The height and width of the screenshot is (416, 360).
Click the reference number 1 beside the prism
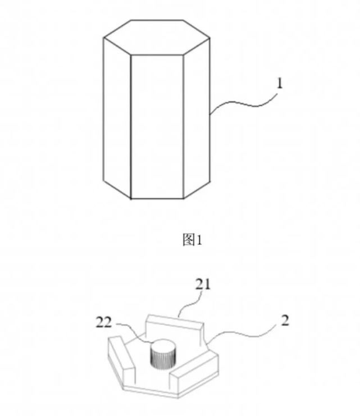pos(279,84)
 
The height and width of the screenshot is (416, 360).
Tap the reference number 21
pos(203,285)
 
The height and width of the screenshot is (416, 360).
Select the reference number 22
pos(104,323)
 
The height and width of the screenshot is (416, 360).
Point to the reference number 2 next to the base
pos(285,321)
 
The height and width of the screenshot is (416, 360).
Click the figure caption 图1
pos(193,240)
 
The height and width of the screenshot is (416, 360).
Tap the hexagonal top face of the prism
pos(157,37)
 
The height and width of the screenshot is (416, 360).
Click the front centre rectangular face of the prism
pos(157,127)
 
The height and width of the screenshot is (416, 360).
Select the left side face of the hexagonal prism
pos(117,118)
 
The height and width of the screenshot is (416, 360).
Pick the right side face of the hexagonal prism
pos(197,118)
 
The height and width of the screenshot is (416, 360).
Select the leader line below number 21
pos(190,304)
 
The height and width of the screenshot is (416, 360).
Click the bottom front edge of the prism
pos(157,198)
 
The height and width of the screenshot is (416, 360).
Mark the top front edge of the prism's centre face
pos(157,55)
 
